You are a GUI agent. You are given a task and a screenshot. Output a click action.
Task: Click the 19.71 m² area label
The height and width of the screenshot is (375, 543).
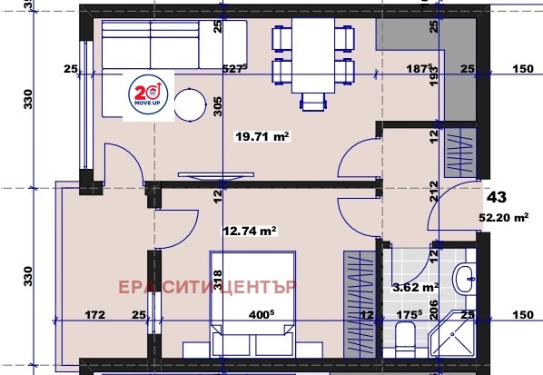262,137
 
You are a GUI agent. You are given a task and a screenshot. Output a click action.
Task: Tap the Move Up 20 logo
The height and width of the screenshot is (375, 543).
148,93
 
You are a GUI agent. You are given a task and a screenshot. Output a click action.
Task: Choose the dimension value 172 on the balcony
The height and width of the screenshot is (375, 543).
95,315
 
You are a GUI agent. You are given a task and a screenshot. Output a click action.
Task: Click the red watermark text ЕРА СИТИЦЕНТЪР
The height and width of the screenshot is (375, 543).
209,288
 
